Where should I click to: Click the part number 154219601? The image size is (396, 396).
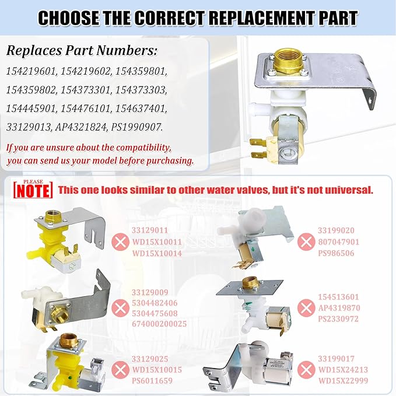click(x=32, y=71)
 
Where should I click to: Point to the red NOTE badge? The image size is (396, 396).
click(x=33, y=190)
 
